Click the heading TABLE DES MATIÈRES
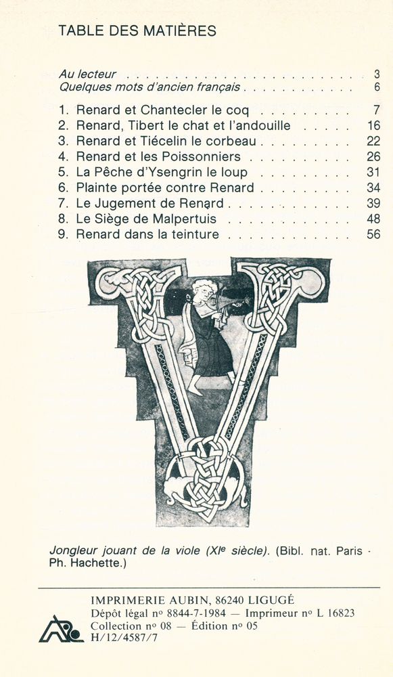[137, 30]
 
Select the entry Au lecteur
[87, 74]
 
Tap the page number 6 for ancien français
[376, 87]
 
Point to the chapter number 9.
[63, 235]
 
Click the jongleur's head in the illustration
[202, 292]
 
